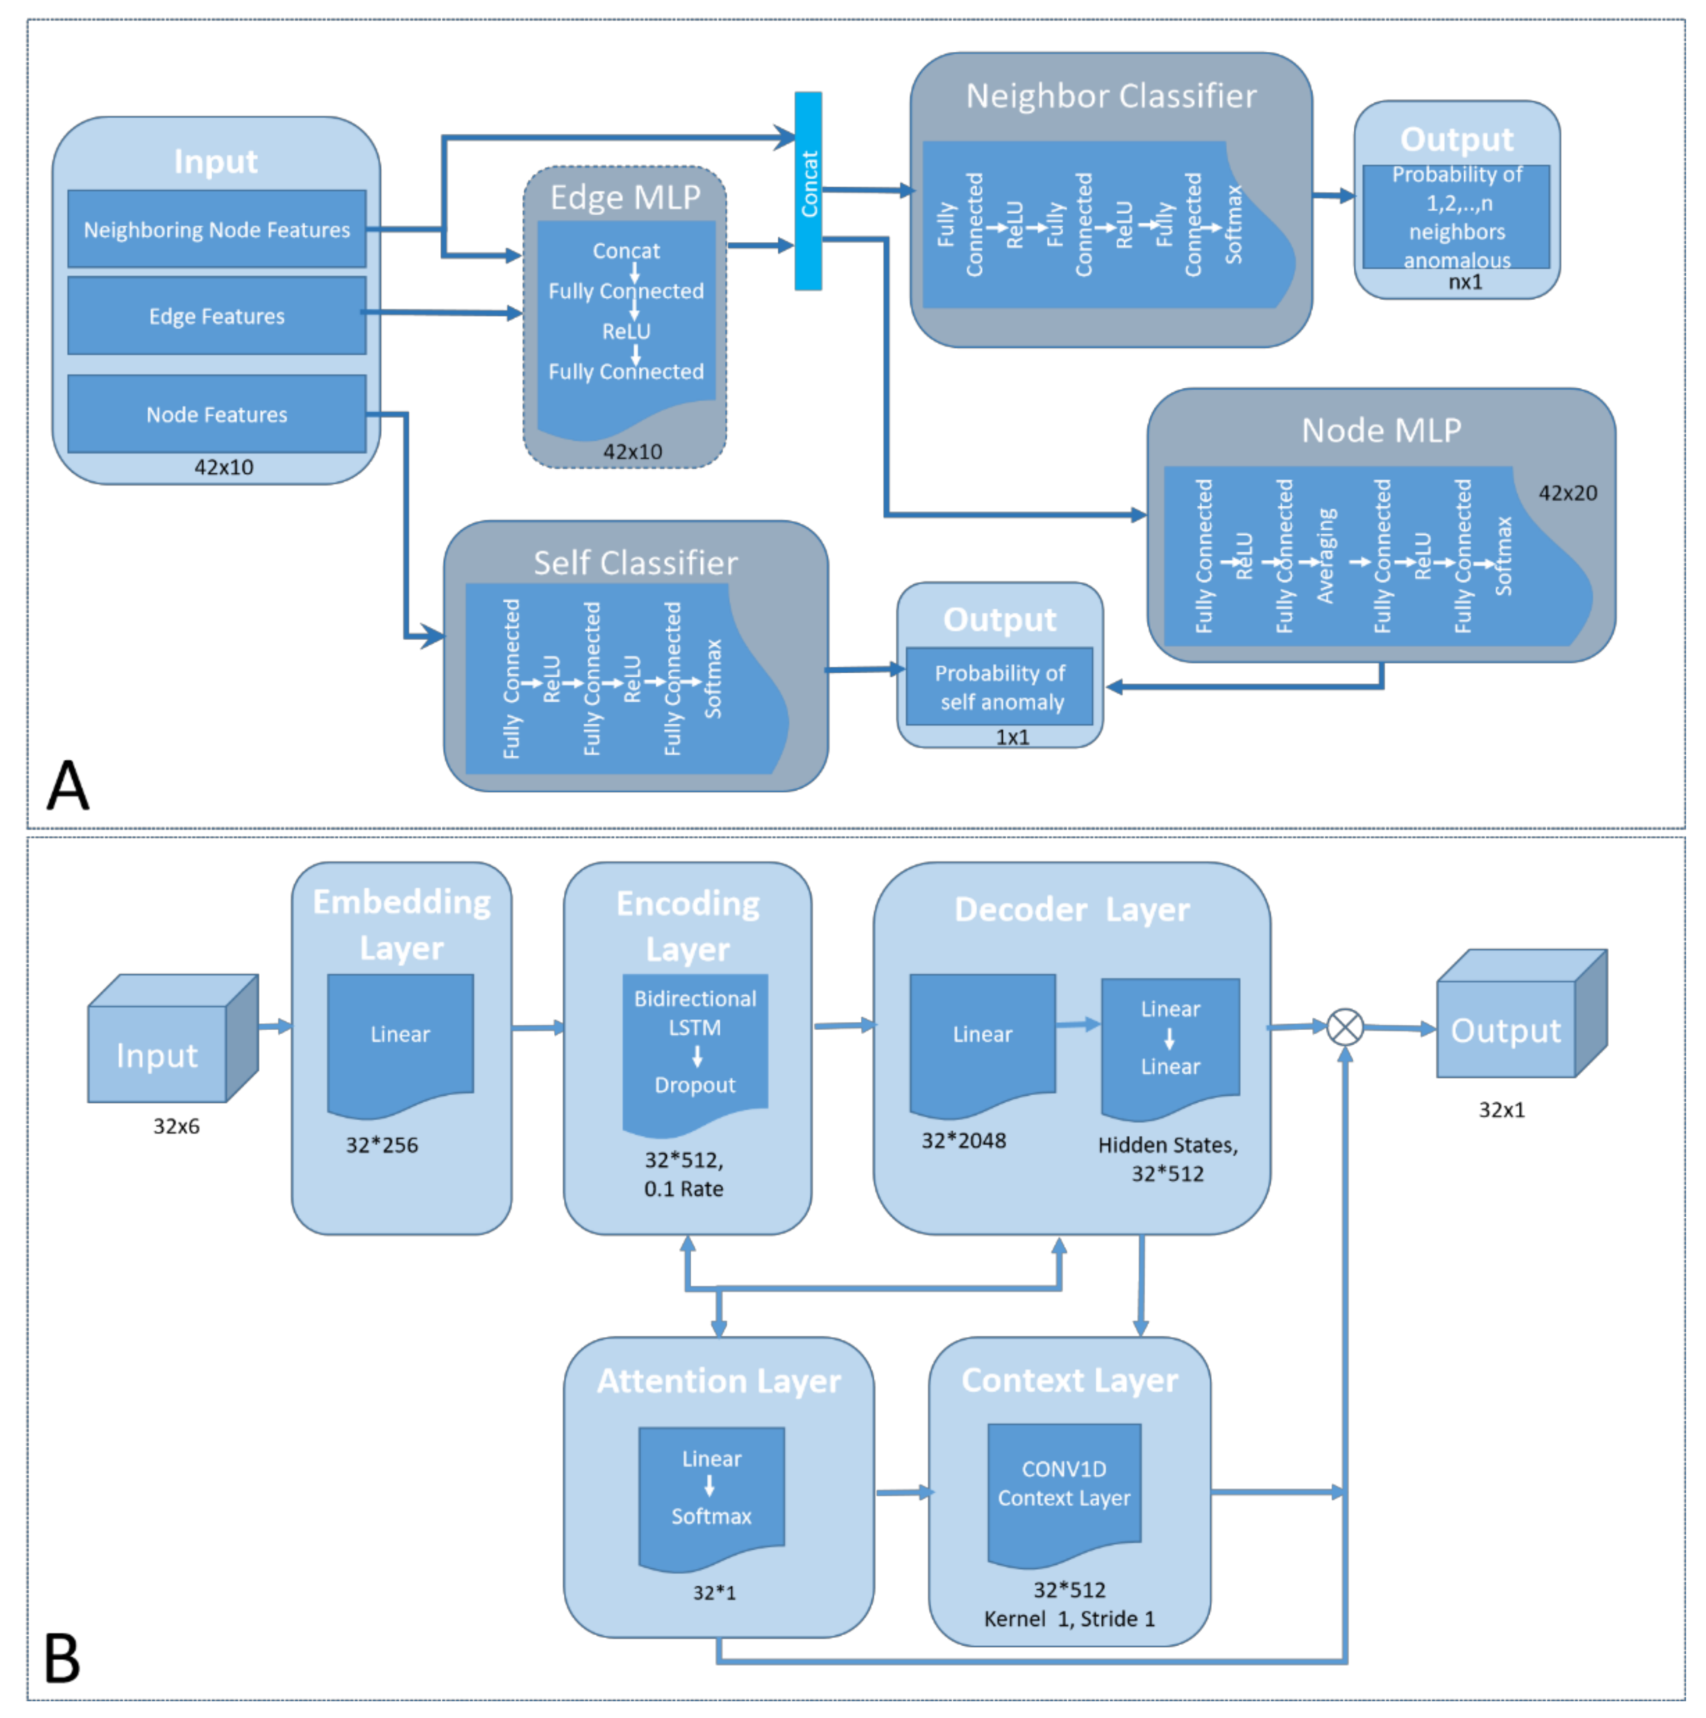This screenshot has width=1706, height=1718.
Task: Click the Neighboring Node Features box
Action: point(216,230)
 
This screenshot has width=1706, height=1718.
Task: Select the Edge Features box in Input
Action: point(216,316)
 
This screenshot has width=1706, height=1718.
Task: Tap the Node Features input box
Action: point(216,414)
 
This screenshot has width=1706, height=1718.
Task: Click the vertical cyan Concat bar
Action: point(808,191)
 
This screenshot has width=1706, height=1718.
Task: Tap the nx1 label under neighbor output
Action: point(1464,283)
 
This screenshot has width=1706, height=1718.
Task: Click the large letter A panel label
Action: point(68,786)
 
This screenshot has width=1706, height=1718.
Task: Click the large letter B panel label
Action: point(62,1659)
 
